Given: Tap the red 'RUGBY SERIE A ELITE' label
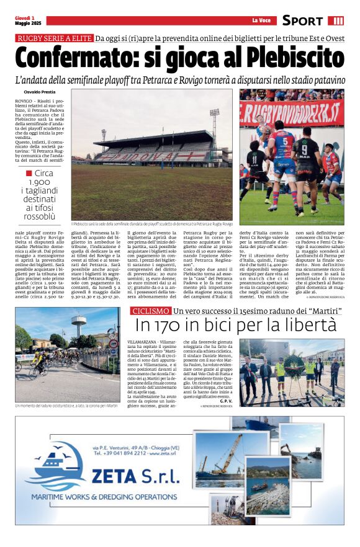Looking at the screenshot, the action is [x=54, y=38].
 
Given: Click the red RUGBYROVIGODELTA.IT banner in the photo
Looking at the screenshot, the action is [x=292, y=113].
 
